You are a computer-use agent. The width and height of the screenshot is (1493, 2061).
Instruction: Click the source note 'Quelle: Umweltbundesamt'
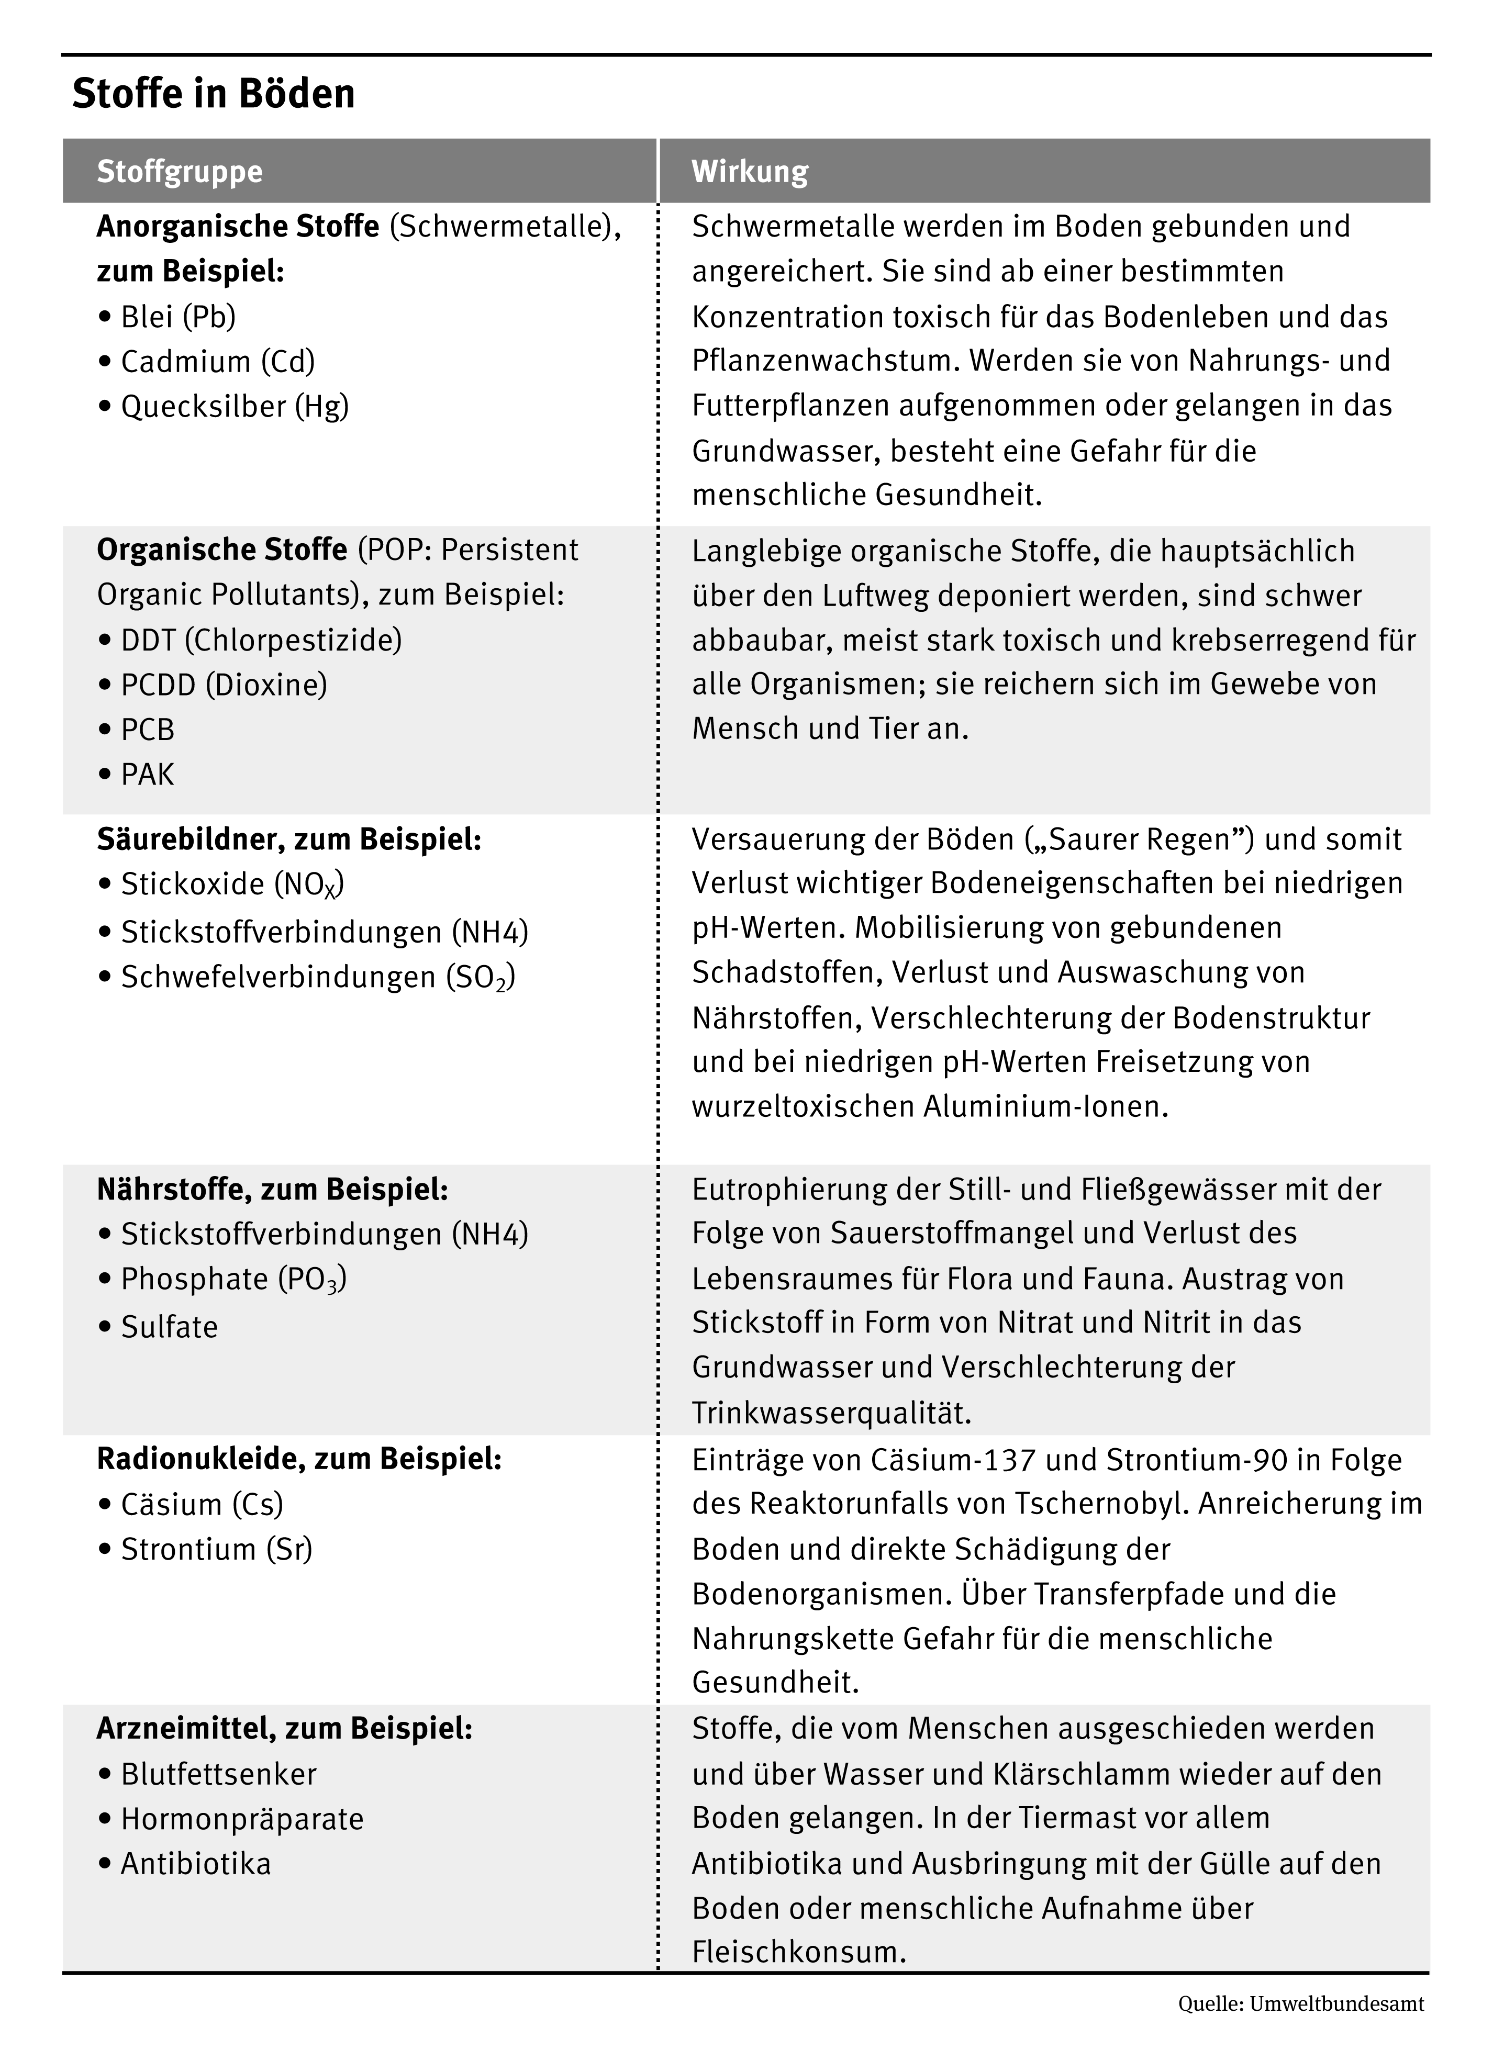1300,2004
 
